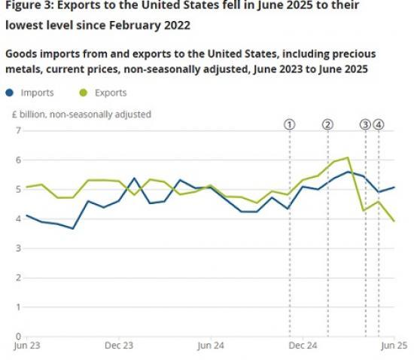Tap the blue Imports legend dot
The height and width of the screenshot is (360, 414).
pyautogui.click(x=10, y=93)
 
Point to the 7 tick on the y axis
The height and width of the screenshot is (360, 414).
pyautogui.click(x=17, y=130)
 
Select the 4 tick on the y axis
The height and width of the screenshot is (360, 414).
pyautogui.click(x=17, y=219)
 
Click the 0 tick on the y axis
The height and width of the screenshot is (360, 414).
pyautogui.click(x=17, y=337)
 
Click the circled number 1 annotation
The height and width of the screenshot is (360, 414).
pyautogui.click(x=290, y=124)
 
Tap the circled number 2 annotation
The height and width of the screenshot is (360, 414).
pyautogui.click(x=327, y=124)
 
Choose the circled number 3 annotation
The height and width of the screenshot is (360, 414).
pyautogui.click(x=366, y=124)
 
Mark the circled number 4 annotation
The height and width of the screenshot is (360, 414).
pyautogui.click(x=379, y=124)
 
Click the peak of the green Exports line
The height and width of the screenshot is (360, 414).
pyautogui.click(x=348, y=158)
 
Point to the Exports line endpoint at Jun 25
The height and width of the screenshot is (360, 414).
pyautogui.click(x=394, y=221)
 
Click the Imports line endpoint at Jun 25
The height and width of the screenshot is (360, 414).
pyautogui.click(x=394, y=188)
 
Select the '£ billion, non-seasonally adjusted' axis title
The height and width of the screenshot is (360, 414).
pyautogui.click(x=81, y=114)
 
